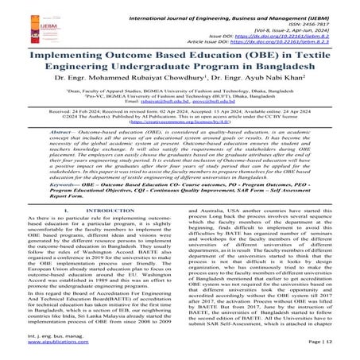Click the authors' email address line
[x=180, y=103]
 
